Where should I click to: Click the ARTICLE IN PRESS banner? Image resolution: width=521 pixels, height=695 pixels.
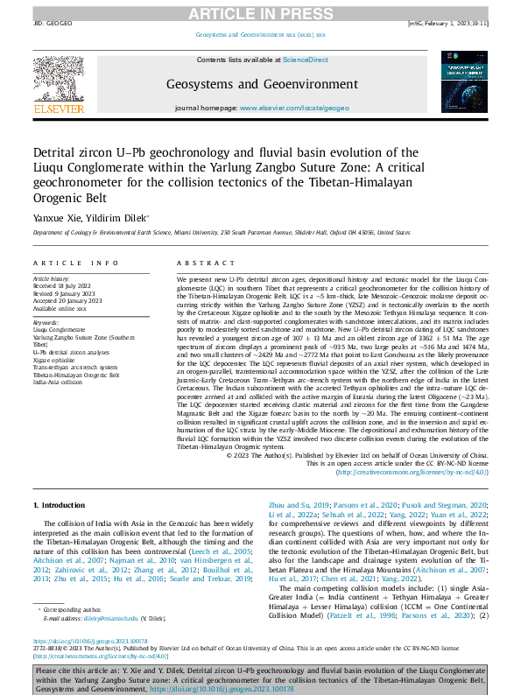260,12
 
